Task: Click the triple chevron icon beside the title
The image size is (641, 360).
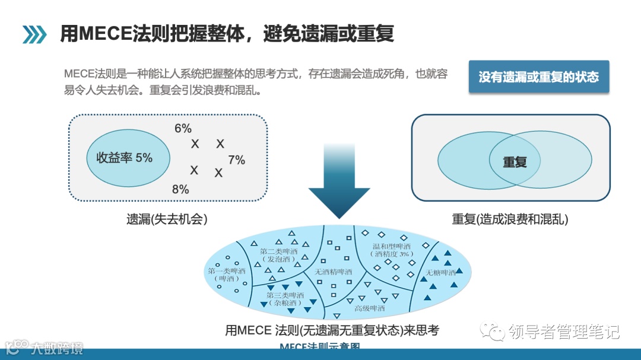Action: (34, 34)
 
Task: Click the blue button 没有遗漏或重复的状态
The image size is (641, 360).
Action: (538, 77)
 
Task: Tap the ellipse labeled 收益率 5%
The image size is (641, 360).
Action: (128, 158)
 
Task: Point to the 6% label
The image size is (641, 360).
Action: (183, 129)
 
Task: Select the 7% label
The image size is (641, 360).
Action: (236, 160)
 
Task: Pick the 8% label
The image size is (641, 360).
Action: (180, 190)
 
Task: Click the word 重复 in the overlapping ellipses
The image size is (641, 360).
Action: (515, 162)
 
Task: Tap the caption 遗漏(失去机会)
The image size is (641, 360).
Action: (167, 219)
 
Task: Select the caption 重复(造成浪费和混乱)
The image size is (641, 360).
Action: (510, 219)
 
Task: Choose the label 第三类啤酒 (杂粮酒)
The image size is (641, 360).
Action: (285, 298)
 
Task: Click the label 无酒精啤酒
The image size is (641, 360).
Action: (333, 272)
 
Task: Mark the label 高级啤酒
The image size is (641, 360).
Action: (369, 308)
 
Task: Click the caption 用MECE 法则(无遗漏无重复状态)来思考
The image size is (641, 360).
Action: (332, 330)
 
